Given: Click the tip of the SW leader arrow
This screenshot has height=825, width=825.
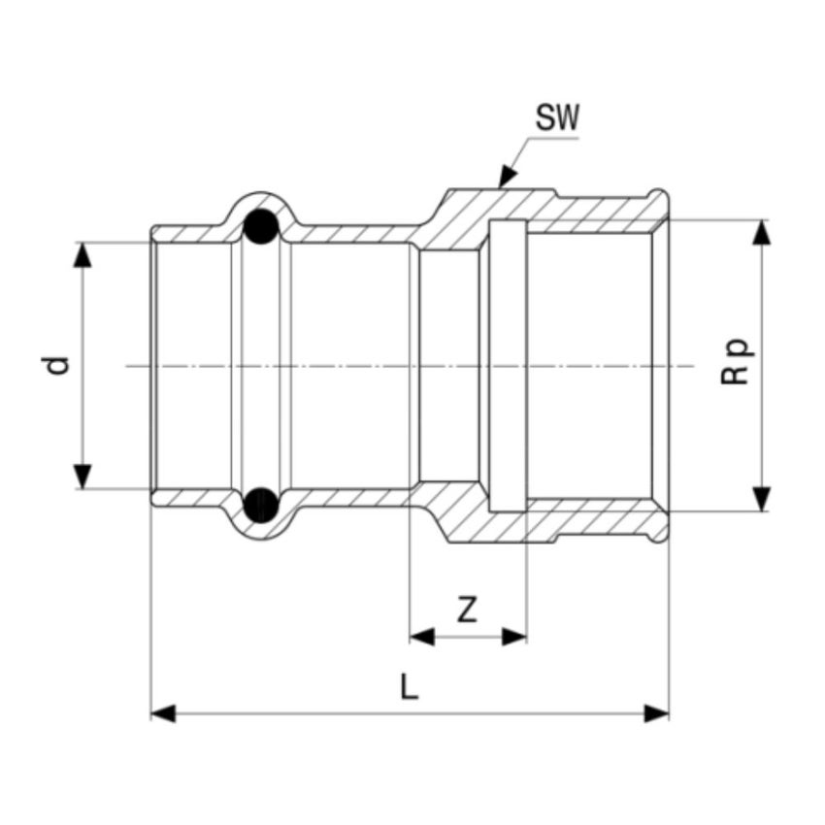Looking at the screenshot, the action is click(x=500, y=188).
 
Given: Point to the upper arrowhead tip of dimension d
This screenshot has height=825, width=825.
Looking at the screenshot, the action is click(x=82, y=243).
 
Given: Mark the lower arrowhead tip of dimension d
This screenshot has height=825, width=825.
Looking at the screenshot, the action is click(x=82, y=489).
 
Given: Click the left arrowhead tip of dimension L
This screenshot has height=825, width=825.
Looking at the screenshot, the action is click(x=151, y=713).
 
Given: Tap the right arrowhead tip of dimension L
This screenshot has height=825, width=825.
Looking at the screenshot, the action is click(x=669, y=713).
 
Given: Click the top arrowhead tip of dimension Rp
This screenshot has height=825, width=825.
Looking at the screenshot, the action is click(x=761, y=220).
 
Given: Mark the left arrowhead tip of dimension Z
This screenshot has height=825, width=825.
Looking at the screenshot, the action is click(x=411, y=637).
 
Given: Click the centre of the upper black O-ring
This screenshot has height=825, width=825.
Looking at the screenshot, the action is click(x=261, y=227).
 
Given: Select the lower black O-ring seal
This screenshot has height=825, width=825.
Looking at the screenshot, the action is click(x=261, y=505).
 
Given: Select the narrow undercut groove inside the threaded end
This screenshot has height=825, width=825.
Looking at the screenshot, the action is click(x=508, y=366).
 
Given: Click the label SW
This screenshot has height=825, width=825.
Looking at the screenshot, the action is click(x=557, y=117).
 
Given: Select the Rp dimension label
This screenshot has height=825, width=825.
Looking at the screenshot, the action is click(x=736, y=361).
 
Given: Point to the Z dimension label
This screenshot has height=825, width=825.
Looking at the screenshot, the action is click(x=467, y=610).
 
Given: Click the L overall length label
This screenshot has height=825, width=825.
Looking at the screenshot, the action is click(x=409, y=686).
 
